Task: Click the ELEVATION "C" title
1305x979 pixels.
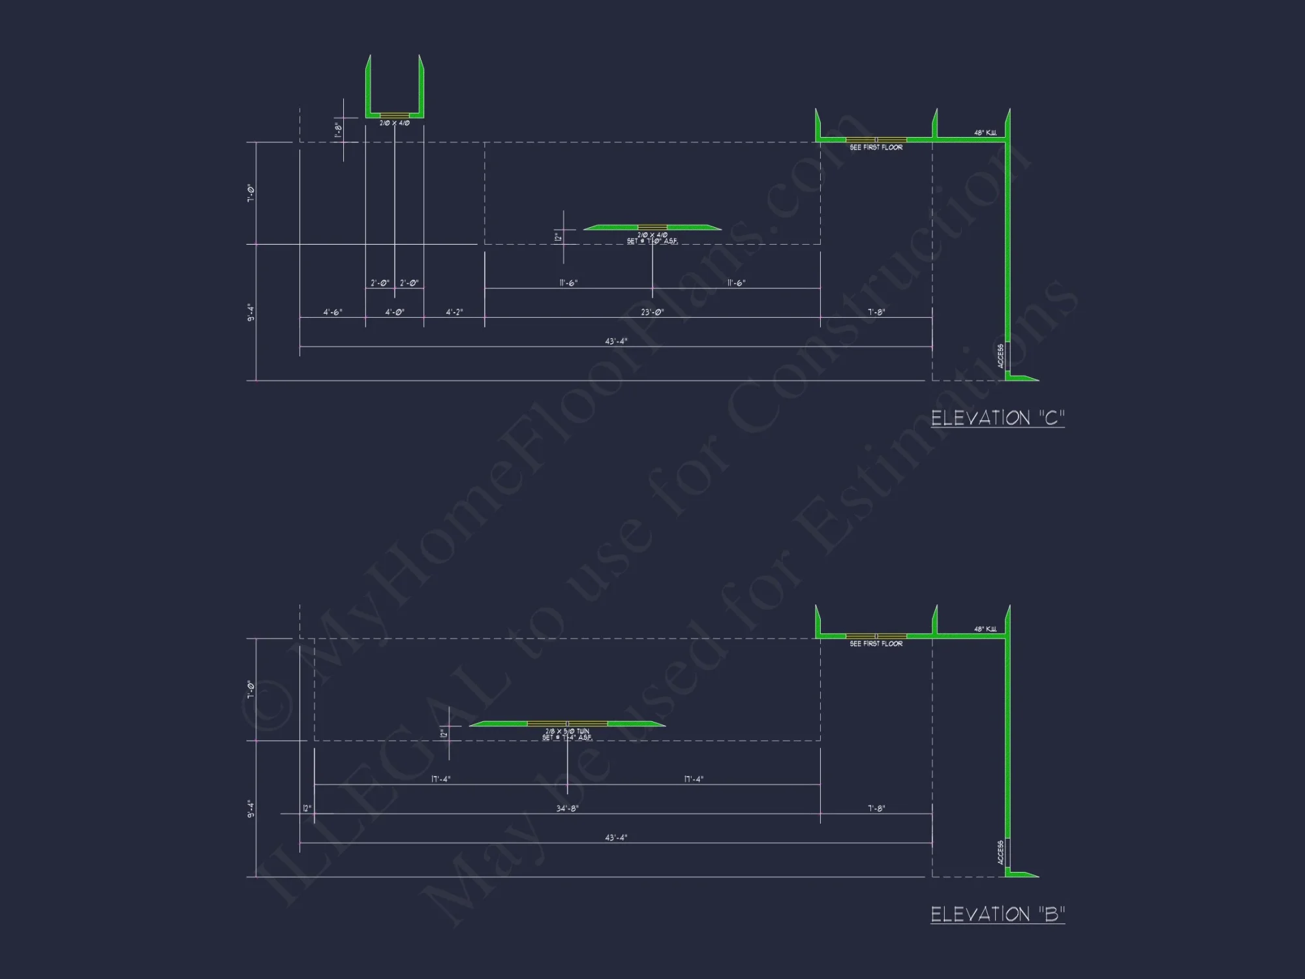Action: click(997, 418)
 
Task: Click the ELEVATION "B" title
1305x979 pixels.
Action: click(997, 914)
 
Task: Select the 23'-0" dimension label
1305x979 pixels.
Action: click(652, 313)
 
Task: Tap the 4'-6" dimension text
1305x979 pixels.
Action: click(333, 313)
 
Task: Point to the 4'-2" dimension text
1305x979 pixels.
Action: click(454, 313)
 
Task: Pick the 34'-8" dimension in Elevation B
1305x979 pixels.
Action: click(567, 809)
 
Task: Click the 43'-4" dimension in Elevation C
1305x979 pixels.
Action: click(616, 341)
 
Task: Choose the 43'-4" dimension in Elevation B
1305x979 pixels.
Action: click(616, 837)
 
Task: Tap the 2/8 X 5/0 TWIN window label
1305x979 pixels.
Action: click(567, 732)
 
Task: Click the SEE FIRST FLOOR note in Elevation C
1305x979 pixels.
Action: click(876, 148)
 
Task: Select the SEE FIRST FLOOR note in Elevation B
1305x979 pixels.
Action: click(876, 644)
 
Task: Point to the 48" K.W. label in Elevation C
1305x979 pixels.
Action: click(985, 133)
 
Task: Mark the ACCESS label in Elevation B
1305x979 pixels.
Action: click(1001, 852)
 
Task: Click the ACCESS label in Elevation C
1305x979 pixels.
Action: click(1001, 356)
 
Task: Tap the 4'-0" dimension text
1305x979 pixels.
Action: click(394, 313)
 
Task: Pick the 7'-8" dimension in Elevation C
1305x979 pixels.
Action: click(876, 313)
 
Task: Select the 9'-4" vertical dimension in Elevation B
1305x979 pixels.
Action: click(251, 809)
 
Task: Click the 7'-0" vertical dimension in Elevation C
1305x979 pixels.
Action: click(251, 193)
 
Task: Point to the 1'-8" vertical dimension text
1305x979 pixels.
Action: click(338, 130)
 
